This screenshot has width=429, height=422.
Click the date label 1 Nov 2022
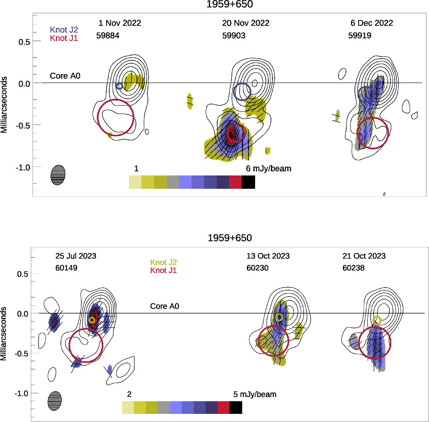click(120, 23)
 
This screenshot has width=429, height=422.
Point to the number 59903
click(234, 36)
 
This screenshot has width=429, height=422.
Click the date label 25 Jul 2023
click(76, 256)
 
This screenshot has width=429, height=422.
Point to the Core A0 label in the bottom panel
click(164, 306)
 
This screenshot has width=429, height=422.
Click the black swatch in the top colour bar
click(249, 182)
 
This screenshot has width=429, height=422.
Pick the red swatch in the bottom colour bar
click(224, 407)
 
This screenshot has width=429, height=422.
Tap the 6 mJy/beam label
click(268, 169)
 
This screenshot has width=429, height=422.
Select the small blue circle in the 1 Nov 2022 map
click(120, 86)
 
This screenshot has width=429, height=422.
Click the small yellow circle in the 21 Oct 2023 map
click(377, 320)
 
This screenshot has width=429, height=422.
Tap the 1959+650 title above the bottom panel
click(230, 238)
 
